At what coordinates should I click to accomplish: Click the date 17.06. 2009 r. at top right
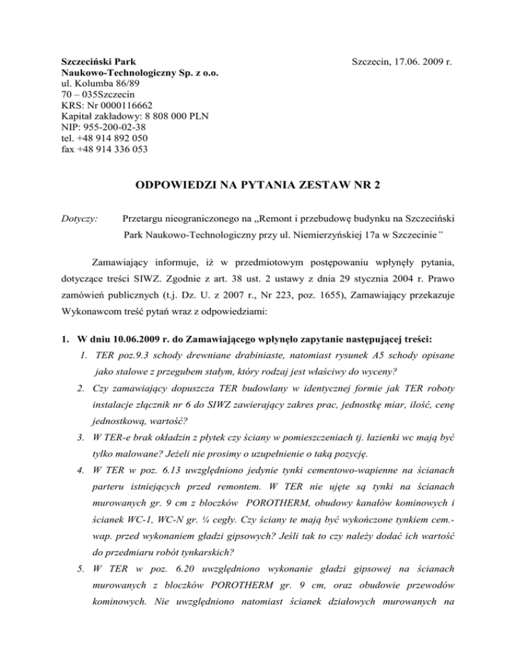[x=419, y=61]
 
